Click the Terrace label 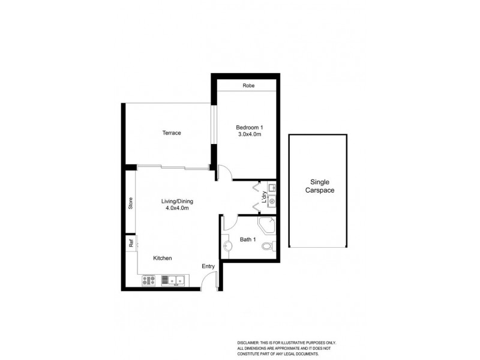171,133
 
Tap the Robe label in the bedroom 248,86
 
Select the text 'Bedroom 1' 249,127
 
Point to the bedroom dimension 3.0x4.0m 249,136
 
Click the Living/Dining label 177,201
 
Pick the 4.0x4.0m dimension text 177,209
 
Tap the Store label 130,203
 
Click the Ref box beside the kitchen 130,243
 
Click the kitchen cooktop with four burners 149,280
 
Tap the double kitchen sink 175,280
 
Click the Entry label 208,266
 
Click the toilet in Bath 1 269,246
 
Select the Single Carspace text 318,185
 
